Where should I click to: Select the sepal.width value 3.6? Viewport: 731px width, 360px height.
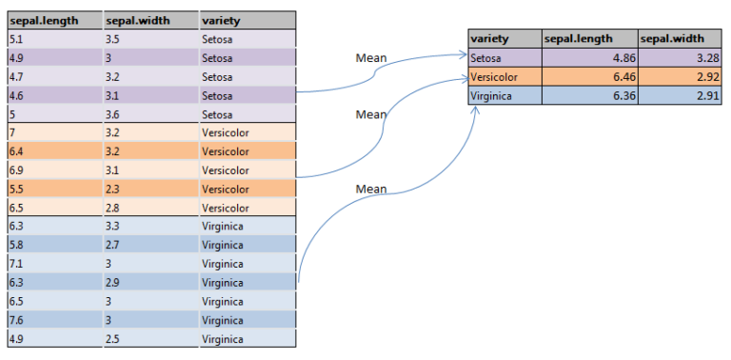[113, 114]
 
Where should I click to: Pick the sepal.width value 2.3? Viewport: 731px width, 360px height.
[113, 189]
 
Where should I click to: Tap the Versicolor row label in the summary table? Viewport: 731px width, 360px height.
[493, 77]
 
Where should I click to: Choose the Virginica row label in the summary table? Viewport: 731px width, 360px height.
[491, 95]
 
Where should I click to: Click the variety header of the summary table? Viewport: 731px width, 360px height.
[489, 39]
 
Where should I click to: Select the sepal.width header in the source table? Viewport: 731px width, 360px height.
[133, 20]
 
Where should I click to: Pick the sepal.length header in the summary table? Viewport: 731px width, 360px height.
[576, 39]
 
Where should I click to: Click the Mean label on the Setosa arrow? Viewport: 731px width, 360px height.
[371, 59]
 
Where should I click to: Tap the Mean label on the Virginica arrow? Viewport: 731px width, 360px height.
[371, 189]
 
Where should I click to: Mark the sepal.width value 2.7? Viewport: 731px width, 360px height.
[113, 245]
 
